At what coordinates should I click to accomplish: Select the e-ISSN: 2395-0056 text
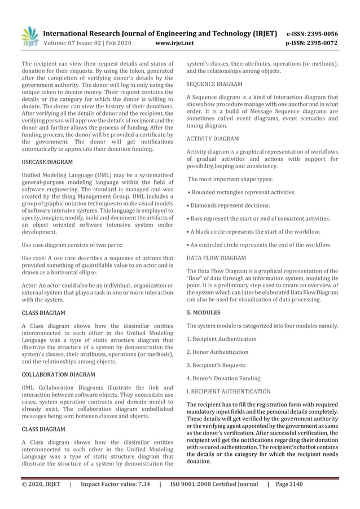coord(312,33)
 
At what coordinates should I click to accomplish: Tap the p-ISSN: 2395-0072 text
coord(312,43)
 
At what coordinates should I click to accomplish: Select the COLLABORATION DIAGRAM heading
coord(58,375)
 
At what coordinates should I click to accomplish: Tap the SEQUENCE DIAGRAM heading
coord(214,84)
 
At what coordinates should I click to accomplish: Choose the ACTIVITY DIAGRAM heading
coord(213,138)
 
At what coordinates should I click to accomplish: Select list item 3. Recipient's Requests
coord(218,365)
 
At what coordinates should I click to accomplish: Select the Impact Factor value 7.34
coord(116,484)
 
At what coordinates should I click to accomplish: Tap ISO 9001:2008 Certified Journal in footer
coord(214,484)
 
